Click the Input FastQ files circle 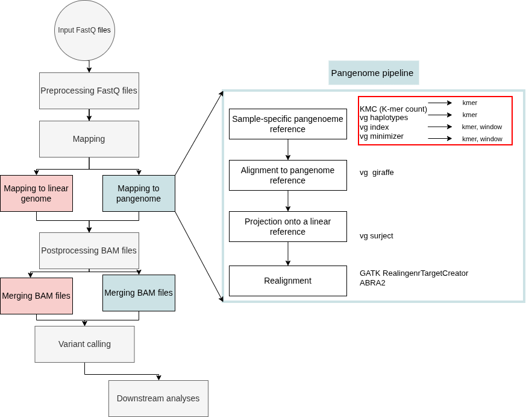point(84,30)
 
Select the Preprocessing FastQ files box point(89,91)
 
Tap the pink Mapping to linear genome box point(36,193)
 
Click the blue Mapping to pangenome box point(139,193)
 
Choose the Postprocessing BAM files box point(89,250)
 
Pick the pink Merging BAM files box point(36,296)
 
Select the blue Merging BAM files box point(139,293)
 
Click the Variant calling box point(84,344)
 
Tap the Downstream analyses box point(158,398)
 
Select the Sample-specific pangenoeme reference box point(288,124)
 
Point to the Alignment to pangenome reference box point(288,176)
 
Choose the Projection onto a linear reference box point(288,227)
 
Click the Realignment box point(288,281)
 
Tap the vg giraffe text point(377,173)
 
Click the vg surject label point(377,236)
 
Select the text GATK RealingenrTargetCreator point(414,273)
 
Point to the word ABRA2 point(372,283)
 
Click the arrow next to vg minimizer point(440,138)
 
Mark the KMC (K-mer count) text point(393,109)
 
